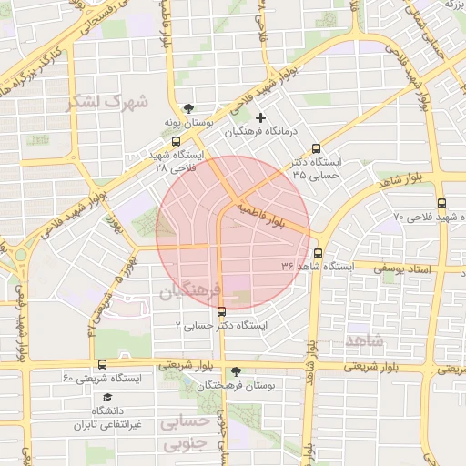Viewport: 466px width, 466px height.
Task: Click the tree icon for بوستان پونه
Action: coord(188,106)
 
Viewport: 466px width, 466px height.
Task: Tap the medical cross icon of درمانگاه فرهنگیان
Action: coord(261,117)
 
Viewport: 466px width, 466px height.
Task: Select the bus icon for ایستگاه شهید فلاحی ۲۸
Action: coord(176,141)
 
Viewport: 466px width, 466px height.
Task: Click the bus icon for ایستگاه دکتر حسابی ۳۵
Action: coord(317,149)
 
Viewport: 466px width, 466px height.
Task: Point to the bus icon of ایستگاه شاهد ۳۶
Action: coord(318,253)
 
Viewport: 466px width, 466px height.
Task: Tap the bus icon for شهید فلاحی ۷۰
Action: coord(441,204)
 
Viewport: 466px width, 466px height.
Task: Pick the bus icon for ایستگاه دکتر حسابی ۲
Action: coord(221,312)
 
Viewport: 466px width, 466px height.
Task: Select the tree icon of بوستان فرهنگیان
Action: coord(237,371)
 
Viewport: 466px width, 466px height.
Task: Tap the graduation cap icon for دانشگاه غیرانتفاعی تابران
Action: coord(107,397)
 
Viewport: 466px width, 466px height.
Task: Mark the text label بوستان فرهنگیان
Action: coord(237,386)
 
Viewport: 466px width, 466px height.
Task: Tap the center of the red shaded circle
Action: coord(233,233)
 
